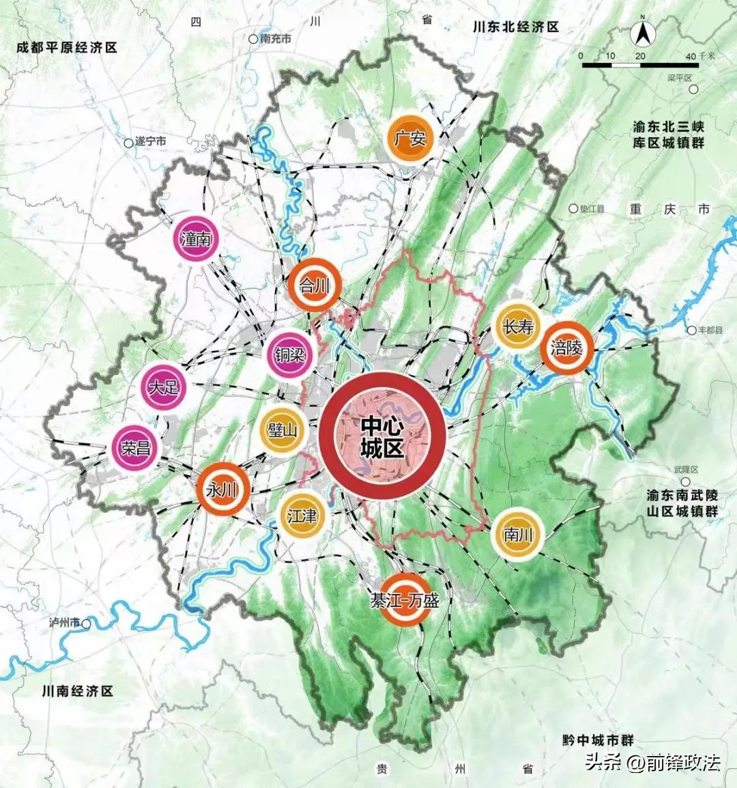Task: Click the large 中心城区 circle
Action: click(x=382, y=436)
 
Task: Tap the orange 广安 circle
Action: click(x=409, y=139)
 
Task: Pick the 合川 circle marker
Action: click(x=314, y=285)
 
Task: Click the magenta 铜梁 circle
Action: click(x=289, y=356)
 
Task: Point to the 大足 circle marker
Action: click(x=164, y=387)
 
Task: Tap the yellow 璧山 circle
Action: click(x=283, y=430)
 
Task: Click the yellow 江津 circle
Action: click(x=302, y=516)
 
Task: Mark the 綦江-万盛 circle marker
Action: click(x=405, y=600)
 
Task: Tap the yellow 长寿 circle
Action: click(x=518, y=327)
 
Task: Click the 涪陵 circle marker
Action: click(x=566, y=348)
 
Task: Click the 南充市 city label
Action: click(x=275, y=40)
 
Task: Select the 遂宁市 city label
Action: click(x=150, y=142)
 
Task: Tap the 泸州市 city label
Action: click(x=65, y=623)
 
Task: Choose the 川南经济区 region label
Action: click(x=76, y=691)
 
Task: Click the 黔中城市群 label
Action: click(x=598, y=740)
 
